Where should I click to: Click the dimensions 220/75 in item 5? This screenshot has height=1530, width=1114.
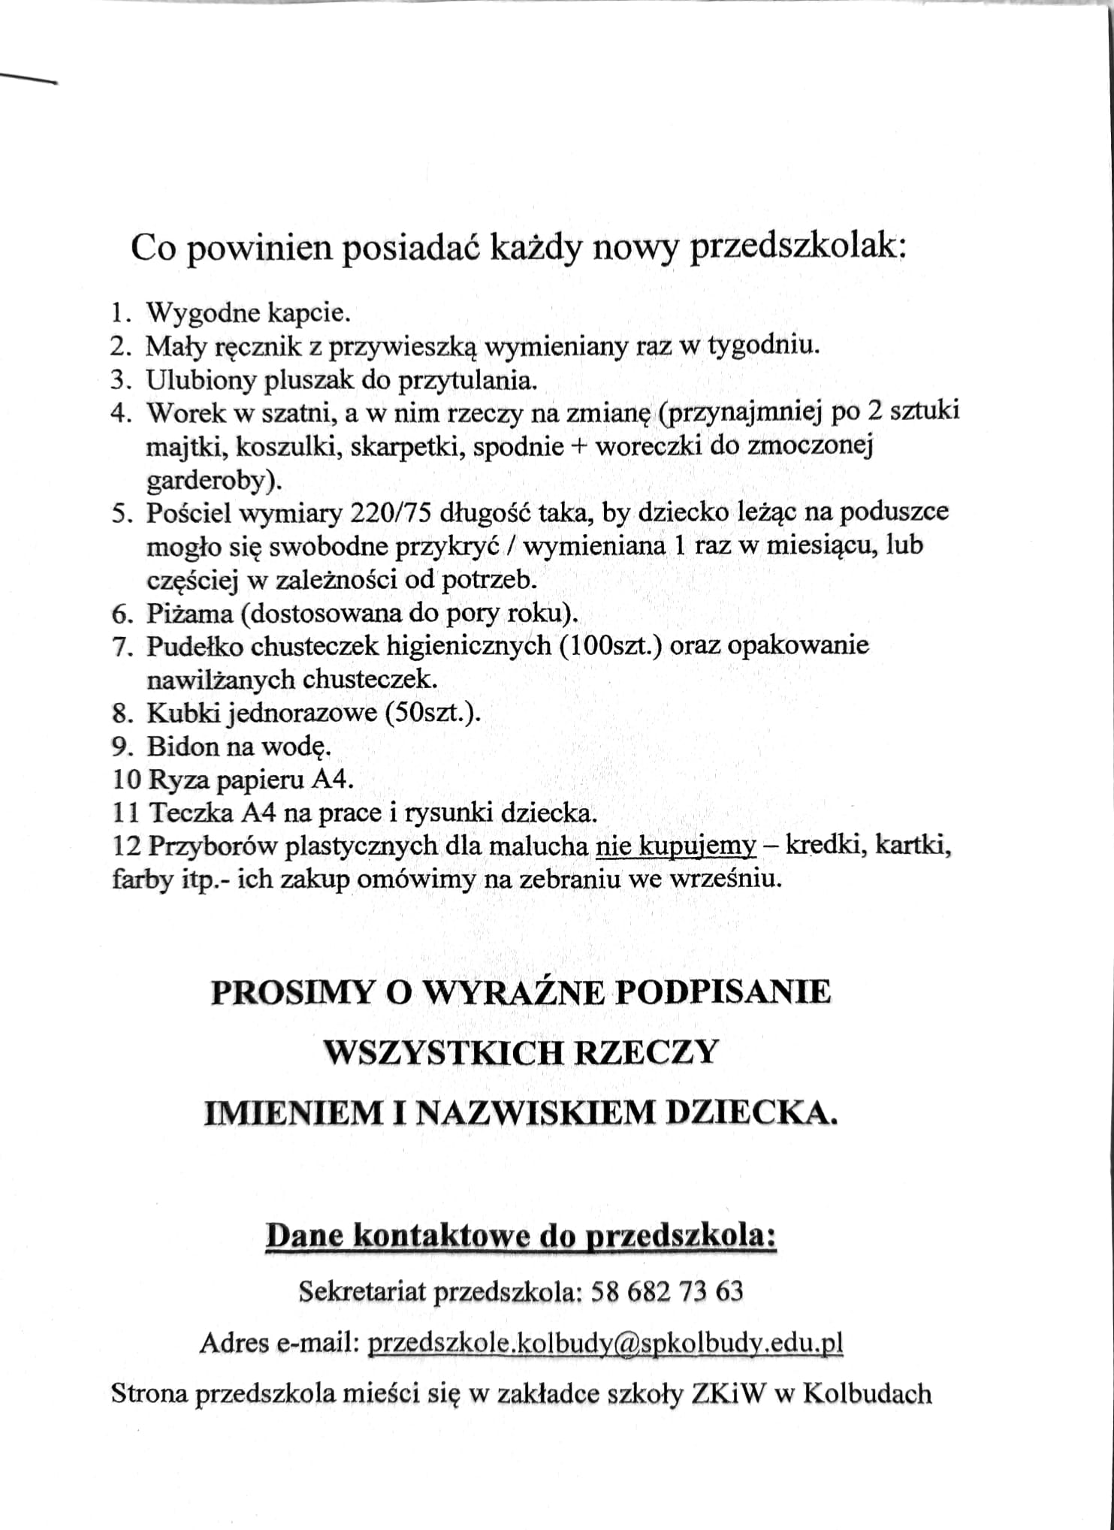pyautogui.click(x=391, y=514)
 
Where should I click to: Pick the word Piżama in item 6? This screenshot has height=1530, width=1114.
pyautogui.click(x=189, y=614)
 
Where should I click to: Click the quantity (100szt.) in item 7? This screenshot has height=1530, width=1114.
pyautogui.click(x=610, y=646)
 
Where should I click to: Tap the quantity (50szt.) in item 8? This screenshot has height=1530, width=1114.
pyautogui.click(x=432, y=713)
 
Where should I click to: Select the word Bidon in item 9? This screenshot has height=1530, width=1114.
pyautogui.click(x=177, y=747)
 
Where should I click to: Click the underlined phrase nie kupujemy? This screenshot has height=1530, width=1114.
pyautogui.click(x=676, y=846)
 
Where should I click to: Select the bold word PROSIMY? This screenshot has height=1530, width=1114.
pyautogui.click(x=292, y=992)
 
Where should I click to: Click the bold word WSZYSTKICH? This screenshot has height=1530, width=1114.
pyautogui.click(x=443, y=1052)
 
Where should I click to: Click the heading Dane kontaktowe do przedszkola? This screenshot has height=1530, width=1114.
pyautogui.click(x=521, y=1236)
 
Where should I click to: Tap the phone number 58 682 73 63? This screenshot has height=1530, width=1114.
pyautogui.click(x=667, y=1291)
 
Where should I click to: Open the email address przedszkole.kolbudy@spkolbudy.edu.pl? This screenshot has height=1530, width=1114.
pyautogui.click(x=605, y=1342)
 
